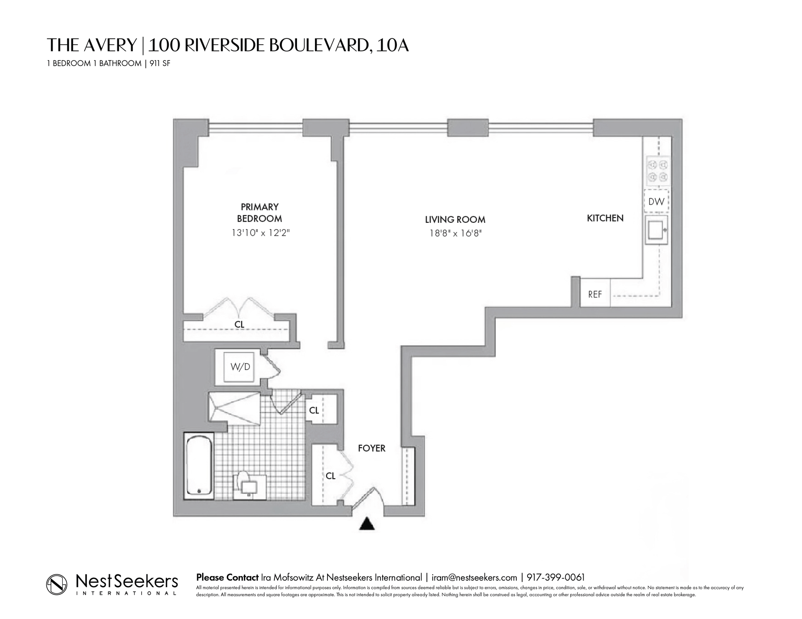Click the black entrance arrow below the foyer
click(x=367, y=524)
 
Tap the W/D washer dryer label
click(x=240, y=367)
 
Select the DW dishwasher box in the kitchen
click(x=656, y=202)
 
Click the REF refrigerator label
click(x=595, y=294)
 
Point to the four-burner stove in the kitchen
click(x=659, y=171)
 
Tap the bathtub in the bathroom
click(x=199, y=465)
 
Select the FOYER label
click(x=371, y=448)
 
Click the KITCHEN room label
click(x=605, y=218)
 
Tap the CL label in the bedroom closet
click(x=239, y=324)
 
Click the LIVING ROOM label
click(x=455, y=220)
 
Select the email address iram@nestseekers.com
click(x=474, y=578)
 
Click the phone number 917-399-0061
click(x=556, y=578)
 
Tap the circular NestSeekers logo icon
click(x=56, y=584)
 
